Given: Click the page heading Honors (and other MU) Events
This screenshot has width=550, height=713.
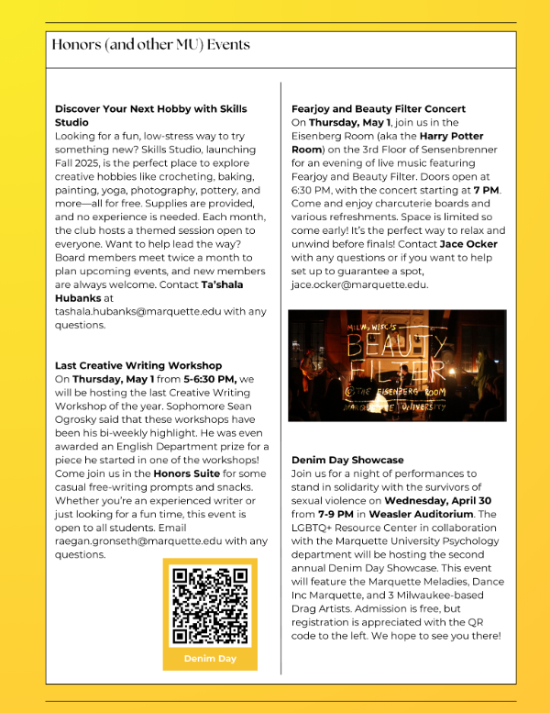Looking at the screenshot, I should click(x=150, y=45).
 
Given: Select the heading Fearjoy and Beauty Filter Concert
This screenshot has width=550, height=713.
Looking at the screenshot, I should click(x=379, y=109).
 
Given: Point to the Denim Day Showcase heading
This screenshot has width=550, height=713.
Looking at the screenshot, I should click(x=347, y=460).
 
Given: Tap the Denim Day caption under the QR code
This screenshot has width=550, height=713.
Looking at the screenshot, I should click(x=210, y=658).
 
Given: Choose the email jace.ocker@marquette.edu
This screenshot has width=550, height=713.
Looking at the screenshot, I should click(x=358, y=284).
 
